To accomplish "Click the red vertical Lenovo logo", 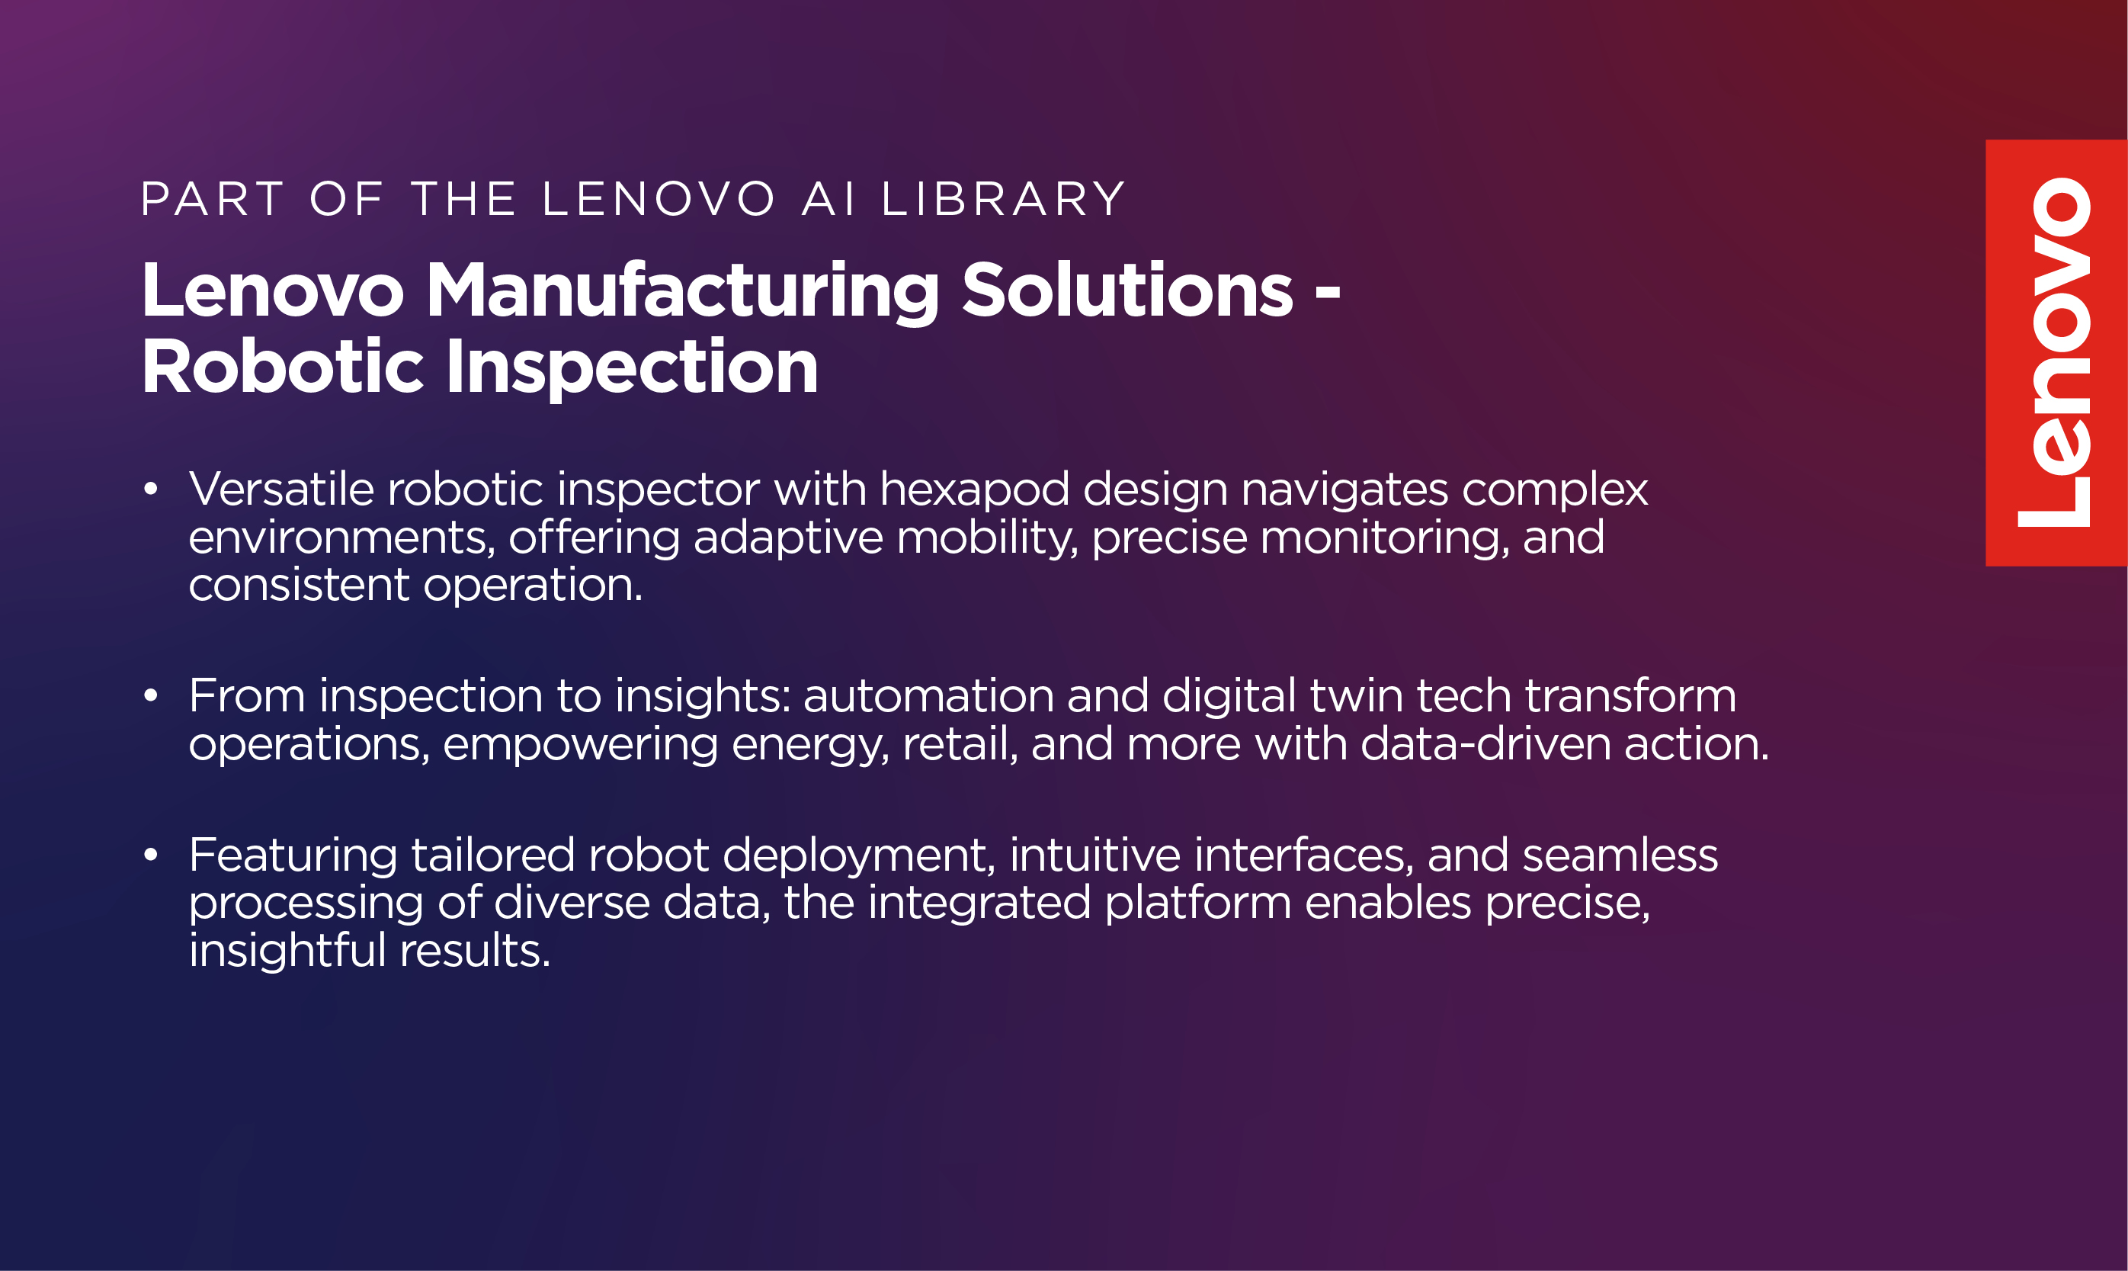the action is pos(2056,353).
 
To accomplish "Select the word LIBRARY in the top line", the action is pos(1003,200).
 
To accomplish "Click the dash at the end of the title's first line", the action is pos(1327,294).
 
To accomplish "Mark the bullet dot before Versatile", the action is pos(151,489).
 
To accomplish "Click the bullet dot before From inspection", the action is pos(151,695).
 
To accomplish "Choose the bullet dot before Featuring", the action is pos(151,855).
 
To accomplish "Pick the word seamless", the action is pos(1620,855).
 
